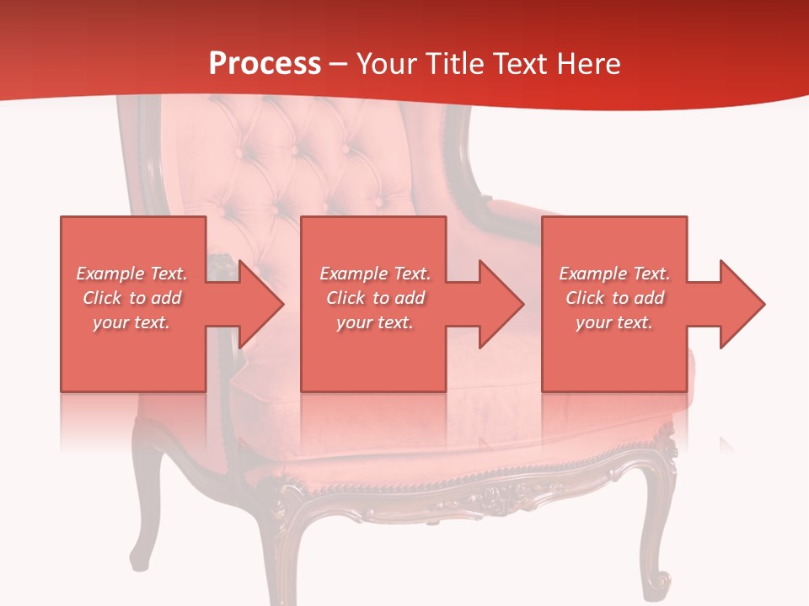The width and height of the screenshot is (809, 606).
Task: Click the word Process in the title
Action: (x=265, y=64)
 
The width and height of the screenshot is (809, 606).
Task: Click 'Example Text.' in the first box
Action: (x=131, y=274)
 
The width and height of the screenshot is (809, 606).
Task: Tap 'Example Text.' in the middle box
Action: (x=375, y=274)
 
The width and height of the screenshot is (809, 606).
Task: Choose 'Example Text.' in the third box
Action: (x=614, y=274)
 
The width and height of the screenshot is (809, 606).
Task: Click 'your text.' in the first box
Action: (x=131, y=322)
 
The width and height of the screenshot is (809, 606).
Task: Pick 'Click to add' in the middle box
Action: (x=375, y=298)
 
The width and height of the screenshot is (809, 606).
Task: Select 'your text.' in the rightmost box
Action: (x=614, y=322)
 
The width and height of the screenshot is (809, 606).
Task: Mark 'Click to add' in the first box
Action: (x=131, y=298)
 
